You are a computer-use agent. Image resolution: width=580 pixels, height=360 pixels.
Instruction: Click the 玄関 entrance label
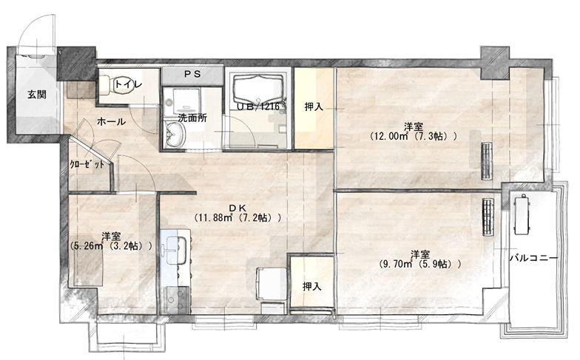(x=37, y=95)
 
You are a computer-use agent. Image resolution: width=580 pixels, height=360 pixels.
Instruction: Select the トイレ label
(x=128, y=84)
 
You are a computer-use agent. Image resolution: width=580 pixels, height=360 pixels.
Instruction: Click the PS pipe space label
(x=192, y=74)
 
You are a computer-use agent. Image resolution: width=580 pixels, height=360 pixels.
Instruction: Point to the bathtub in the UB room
(x=257, y=88)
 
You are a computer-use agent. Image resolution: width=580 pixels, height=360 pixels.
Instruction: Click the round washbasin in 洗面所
(x=175, y=135)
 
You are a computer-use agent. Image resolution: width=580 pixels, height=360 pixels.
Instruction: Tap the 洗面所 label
(x=192, y=118)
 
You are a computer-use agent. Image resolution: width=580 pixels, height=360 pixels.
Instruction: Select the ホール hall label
(x=111, y=121)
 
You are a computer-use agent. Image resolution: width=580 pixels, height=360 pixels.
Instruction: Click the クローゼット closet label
(x=87, y=165)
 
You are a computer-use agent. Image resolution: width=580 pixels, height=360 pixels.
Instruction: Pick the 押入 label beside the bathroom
(x=314, y=106)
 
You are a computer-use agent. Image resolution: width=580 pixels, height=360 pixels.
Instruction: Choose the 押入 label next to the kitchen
(x=311, y=286)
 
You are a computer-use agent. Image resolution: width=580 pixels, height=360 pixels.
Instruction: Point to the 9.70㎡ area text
(x=396, y=264)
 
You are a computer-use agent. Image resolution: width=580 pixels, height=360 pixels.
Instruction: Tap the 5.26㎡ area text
(x=88, y=245)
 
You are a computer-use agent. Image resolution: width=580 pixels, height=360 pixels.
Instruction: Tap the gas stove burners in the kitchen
(x=177, y=300)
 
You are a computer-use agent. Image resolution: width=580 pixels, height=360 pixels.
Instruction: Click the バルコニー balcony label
(x=533, y=258)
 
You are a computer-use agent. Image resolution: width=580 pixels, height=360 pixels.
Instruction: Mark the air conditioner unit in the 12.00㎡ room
(x=488, y=161)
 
